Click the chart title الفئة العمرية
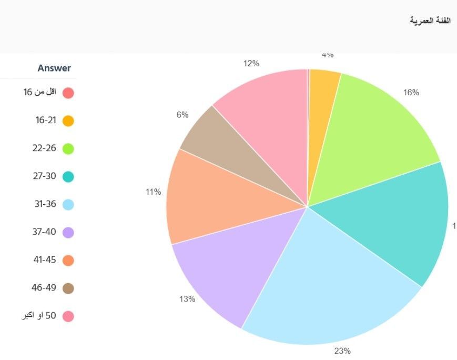(430, 21)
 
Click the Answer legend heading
(54, 68)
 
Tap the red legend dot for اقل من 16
(68, 93)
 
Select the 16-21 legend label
(46, 121)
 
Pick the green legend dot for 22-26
(68, 149)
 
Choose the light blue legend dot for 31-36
(68, 205)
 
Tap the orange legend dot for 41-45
(68, 261)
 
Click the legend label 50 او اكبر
(37, 316)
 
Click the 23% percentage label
(342, 351)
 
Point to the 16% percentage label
(411, 93)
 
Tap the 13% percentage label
(187, 299)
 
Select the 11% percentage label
(153, 192)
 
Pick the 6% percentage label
(182, 115)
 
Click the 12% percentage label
(251, 64)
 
